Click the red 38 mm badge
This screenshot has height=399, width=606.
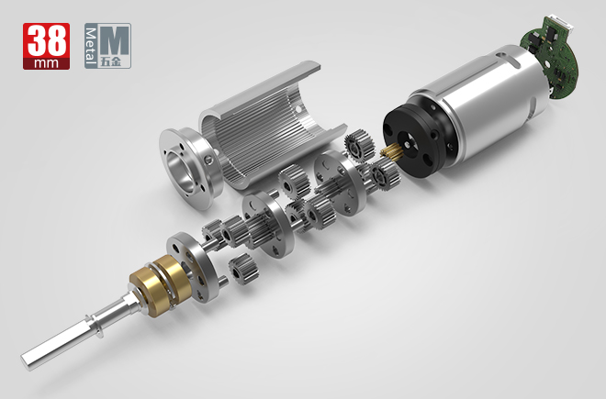[47, 46]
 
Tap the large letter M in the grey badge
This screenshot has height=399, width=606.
[115, 39]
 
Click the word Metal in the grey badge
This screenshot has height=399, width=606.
[90, 47]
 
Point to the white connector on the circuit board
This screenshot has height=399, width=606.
[565, 25]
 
